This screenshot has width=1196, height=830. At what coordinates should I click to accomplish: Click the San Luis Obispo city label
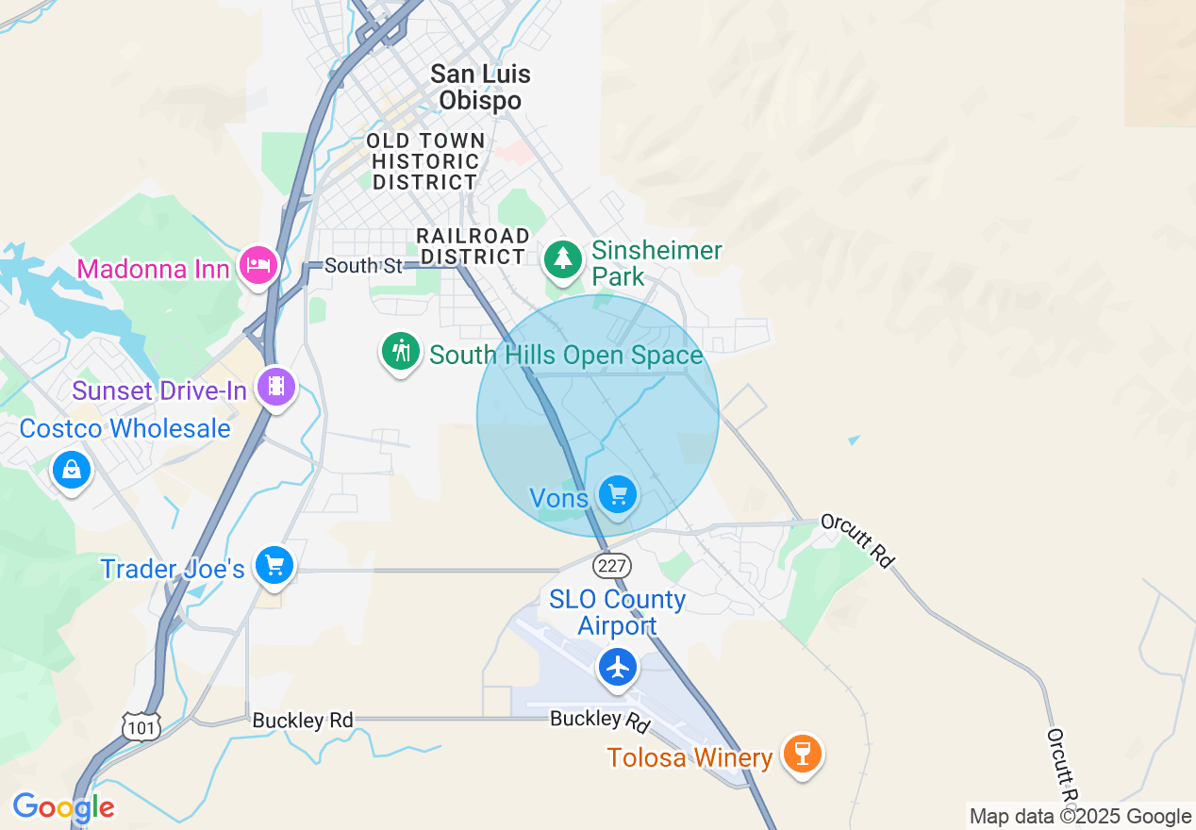coord(480,87)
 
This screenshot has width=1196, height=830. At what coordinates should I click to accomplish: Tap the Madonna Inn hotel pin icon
coord(257,265)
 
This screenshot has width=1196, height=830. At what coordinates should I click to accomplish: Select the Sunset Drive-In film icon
coord(275,386)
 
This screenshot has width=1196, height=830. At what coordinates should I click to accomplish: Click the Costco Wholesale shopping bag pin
coord(72,468)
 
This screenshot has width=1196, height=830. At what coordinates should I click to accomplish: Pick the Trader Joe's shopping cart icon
coord(274,565)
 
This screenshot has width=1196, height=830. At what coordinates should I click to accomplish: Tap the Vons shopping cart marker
coord(618,494)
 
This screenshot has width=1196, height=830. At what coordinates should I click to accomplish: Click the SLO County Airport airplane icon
coord(618,668)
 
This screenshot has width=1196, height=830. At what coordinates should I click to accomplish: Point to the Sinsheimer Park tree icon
coord(564,257)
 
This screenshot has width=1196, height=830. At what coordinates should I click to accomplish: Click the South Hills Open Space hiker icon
coord(402,351)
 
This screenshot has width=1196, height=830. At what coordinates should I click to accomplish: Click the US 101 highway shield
coord(141,726)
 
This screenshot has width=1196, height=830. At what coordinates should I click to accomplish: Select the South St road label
coord(363,266)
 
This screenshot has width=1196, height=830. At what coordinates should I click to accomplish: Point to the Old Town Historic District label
coord(425,161)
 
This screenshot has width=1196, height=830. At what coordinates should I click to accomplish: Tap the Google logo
coord(63,807)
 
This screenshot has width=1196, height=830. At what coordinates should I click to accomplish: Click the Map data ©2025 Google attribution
coord(1080,817)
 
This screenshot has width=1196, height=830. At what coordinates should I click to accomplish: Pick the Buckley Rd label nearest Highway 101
coord(302,721)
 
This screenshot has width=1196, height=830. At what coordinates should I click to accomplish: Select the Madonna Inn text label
coord(153,269)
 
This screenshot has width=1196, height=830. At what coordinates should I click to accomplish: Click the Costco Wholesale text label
coord(125,428)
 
